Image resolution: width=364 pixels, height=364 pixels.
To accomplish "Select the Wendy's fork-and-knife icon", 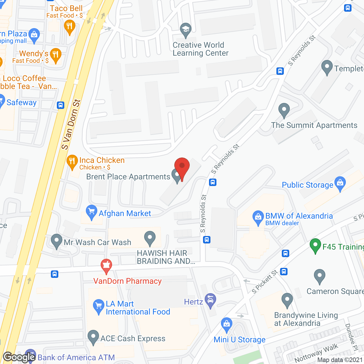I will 56,55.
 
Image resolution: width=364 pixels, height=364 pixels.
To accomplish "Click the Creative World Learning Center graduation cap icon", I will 186,30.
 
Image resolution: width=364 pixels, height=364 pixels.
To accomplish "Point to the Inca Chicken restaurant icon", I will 72,161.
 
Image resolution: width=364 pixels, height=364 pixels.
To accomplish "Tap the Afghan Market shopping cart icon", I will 91,212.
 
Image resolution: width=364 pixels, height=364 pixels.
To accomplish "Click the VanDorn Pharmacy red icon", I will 106,266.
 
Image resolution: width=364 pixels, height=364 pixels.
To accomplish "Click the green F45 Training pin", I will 315,245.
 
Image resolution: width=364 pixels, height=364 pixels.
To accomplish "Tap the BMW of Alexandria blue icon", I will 258,217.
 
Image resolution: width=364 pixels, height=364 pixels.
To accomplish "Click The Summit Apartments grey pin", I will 284,110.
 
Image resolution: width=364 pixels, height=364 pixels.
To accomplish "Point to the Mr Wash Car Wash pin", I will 57,241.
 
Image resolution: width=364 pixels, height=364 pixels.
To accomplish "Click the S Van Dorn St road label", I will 71,124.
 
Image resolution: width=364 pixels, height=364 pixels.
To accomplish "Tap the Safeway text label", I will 22,102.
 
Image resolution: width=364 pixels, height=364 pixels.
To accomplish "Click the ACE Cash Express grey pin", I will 93,337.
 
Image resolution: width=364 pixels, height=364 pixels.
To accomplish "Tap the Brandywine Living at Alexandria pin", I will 287,300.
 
